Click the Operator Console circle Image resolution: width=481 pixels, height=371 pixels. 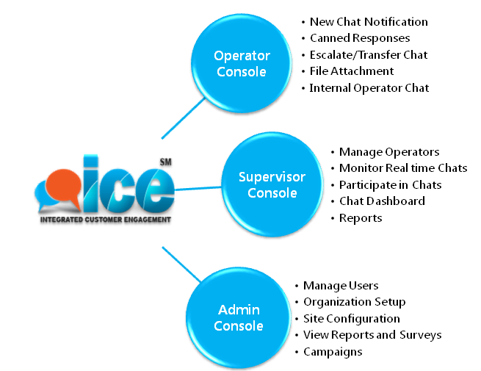coord(242,64)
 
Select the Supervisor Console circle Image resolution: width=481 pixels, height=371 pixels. coord(272,184)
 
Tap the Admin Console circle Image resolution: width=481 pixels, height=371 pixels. coord(239,317)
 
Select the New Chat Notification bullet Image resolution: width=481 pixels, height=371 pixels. coord(368,22)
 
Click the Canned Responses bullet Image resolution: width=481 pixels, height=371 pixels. coord(359,38)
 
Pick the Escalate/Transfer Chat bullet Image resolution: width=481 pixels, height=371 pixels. coord(368,55)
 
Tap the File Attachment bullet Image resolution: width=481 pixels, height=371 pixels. coord(351,71)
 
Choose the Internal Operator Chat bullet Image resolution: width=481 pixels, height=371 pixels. coord(369,87)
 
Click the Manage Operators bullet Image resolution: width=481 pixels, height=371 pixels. coord(388,152)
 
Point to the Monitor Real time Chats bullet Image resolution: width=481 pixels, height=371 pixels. coord(402,168)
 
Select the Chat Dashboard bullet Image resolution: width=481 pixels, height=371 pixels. coord(381,201)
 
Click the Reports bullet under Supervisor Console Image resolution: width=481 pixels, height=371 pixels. coord(360,217)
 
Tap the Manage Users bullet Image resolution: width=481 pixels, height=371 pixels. coord(341,285)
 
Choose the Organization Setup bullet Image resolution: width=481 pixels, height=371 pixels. coord(354,302)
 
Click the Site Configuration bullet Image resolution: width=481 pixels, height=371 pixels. coord(351,319)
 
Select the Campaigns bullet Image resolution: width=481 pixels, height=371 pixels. coord(332,352)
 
